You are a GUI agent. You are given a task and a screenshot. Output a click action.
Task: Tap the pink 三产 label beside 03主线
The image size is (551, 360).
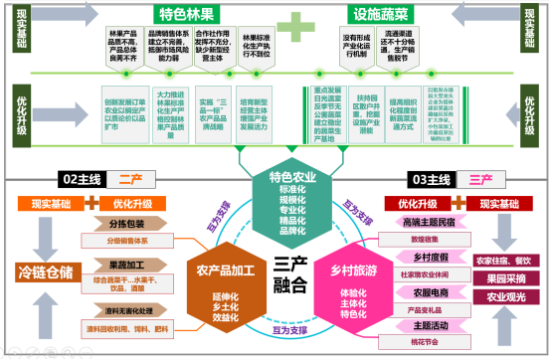479,179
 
